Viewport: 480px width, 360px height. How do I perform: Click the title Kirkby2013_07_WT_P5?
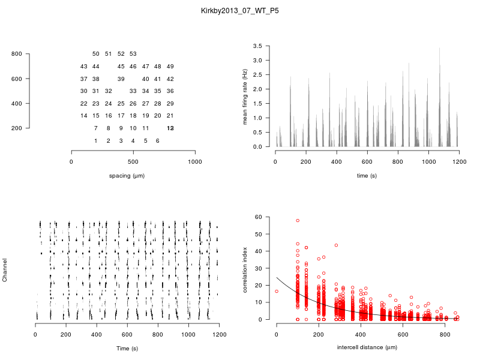(x=240, y=11)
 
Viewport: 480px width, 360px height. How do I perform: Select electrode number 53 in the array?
(x=133, y=54)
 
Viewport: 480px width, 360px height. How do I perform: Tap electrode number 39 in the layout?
(x=121, y=79)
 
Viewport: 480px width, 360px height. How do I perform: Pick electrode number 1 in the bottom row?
(x=96, y=140)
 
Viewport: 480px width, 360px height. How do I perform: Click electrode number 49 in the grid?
(x=170, y=66)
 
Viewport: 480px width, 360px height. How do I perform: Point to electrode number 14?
(x=84, y=116)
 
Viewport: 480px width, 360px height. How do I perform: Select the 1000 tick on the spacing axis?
(x=195, y=161)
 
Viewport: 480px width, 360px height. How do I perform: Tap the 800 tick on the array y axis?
(x=17, y=54)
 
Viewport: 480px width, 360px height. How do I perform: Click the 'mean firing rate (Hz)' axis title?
(x=245, y=96)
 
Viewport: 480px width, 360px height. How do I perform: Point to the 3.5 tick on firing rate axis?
(x=257, y=46)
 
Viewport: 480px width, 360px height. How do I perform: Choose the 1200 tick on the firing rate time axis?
(x=459, y=161)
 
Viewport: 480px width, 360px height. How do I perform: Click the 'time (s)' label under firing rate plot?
(x=367, y=176)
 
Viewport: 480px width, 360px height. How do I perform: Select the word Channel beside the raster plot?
(x=5, y=271)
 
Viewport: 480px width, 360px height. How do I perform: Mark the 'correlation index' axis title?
(x=245, y=268)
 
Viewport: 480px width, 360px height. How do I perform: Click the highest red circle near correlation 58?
(x=298, y=221)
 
